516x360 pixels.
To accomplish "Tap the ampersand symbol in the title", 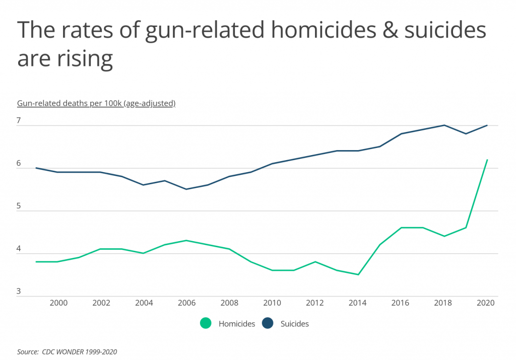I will coord(379,31).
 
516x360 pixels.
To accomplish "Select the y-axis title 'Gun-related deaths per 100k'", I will coord(96,103).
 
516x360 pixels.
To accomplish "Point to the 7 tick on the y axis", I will coord(19,121).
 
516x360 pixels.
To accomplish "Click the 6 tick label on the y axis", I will coord(19,164).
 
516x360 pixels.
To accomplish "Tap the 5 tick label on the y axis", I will coord(19,206).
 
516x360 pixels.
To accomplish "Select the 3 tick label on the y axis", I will coord(19,292).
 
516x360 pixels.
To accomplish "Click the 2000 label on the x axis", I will coord(58,303).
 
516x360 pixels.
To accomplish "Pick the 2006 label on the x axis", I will coord(186,303).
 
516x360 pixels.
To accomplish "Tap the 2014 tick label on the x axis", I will coord(358,303).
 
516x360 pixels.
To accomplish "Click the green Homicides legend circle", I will coord(206,324).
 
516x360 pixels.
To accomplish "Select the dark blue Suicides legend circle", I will coord(268,324).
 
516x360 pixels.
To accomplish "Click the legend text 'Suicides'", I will coord(294,324).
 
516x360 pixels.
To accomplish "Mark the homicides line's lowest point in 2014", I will coord(358,274).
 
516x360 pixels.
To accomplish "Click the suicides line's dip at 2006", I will coord(186,189).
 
